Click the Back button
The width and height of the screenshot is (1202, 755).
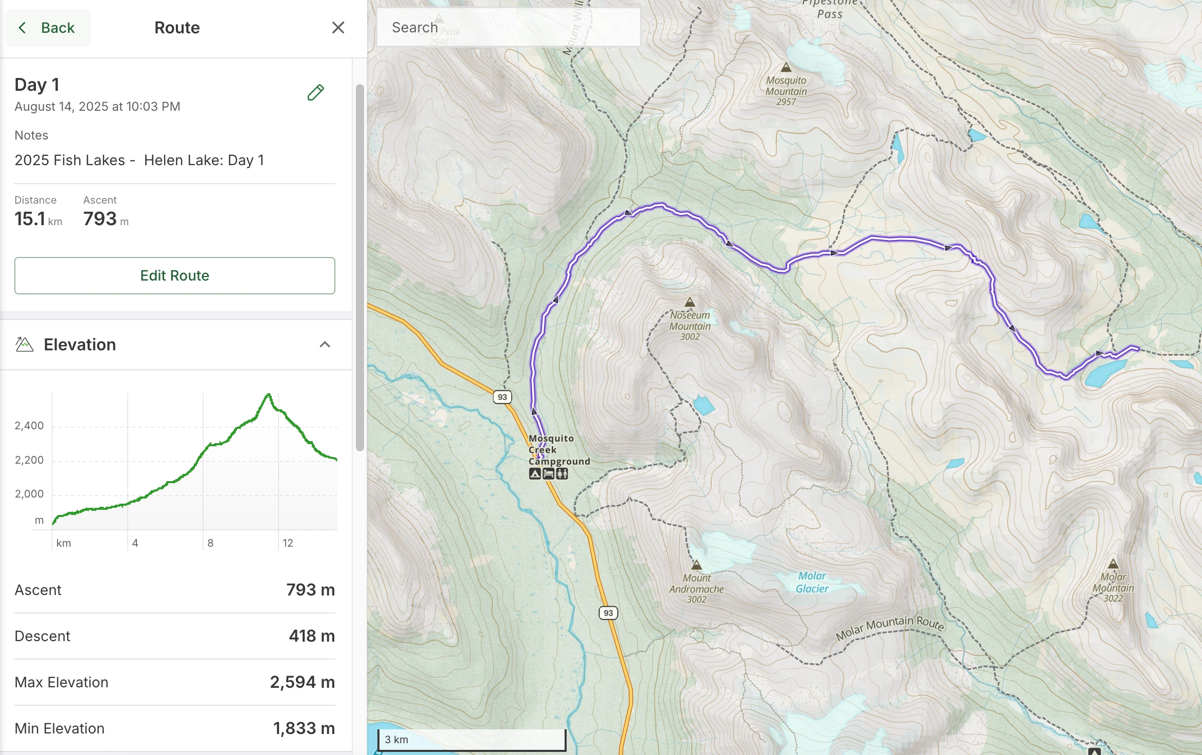pos(48,28)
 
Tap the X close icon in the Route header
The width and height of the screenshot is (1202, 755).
pos(338,28)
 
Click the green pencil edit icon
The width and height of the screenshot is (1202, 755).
pos(315,92)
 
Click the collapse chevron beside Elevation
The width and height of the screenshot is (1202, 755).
pos(325,345)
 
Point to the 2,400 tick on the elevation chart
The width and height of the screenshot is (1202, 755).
pos(29,426)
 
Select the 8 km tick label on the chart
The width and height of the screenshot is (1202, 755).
pos(210,543)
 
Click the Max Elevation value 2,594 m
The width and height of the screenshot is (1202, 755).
pos(302,682)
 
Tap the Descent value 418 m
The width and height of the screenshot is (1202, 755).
pos(311,636)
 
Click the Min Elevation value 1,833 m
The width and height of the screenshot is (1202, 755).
pos(304,728)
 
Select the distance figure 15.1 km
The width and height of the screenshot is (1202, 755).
pos(38,219)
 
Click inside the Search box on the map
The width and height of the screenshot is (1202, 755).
pos(508,28)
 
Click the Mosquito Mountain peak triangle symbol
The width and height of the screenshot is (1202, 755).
pos(786,67)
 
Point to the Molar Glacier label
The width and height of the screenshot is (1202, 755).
pos(812,583)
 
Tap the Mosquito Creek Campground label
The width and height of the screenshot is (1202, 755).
pos(558,450)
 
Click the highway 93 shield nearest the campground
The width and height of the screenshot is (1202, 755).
pos(502,397)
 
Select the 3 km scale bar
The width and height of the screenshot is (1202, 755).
pos(471,740)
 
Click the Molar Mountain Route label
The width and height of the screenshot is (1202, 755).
pos(890,628)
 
